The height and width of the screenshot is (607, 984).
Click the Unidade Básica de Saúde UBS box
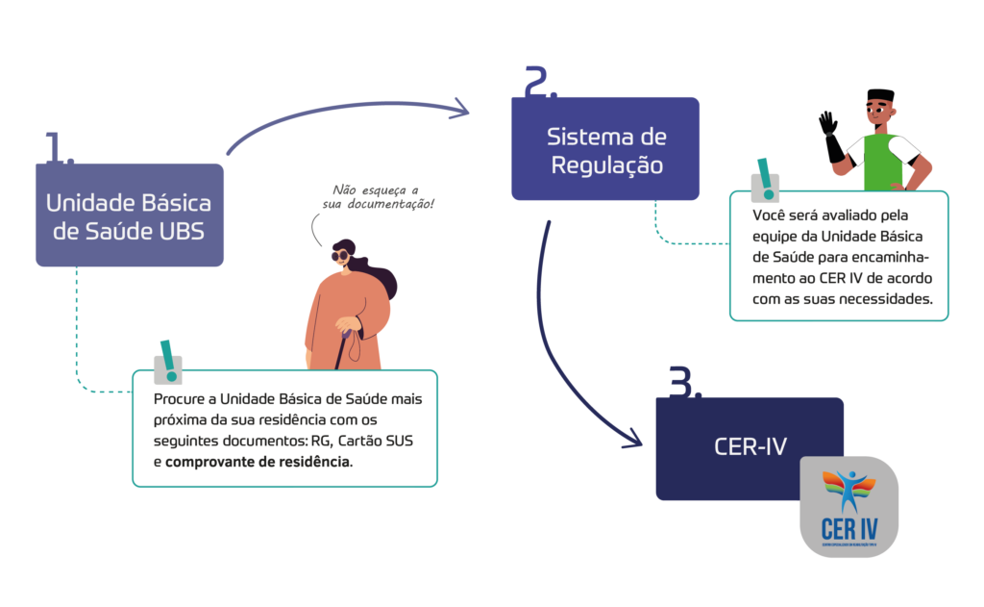[x=130, y=215]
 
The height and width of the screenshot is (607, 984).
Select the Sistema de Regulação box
[x=605, y=149]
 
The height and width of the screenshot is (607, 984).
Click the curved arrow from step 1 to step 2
[x=346, y=111]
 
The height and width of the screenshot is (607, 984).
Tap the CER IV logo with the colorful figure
[x=848, y=507]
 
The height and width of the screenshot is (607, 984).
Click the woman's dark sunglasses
[x=342, y=256]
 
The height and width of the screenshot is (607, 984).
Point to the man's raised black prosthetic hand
[x=828, y=125]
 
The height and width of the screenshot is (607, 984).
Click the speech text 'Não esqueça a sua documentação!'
[x=378, y=197]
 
